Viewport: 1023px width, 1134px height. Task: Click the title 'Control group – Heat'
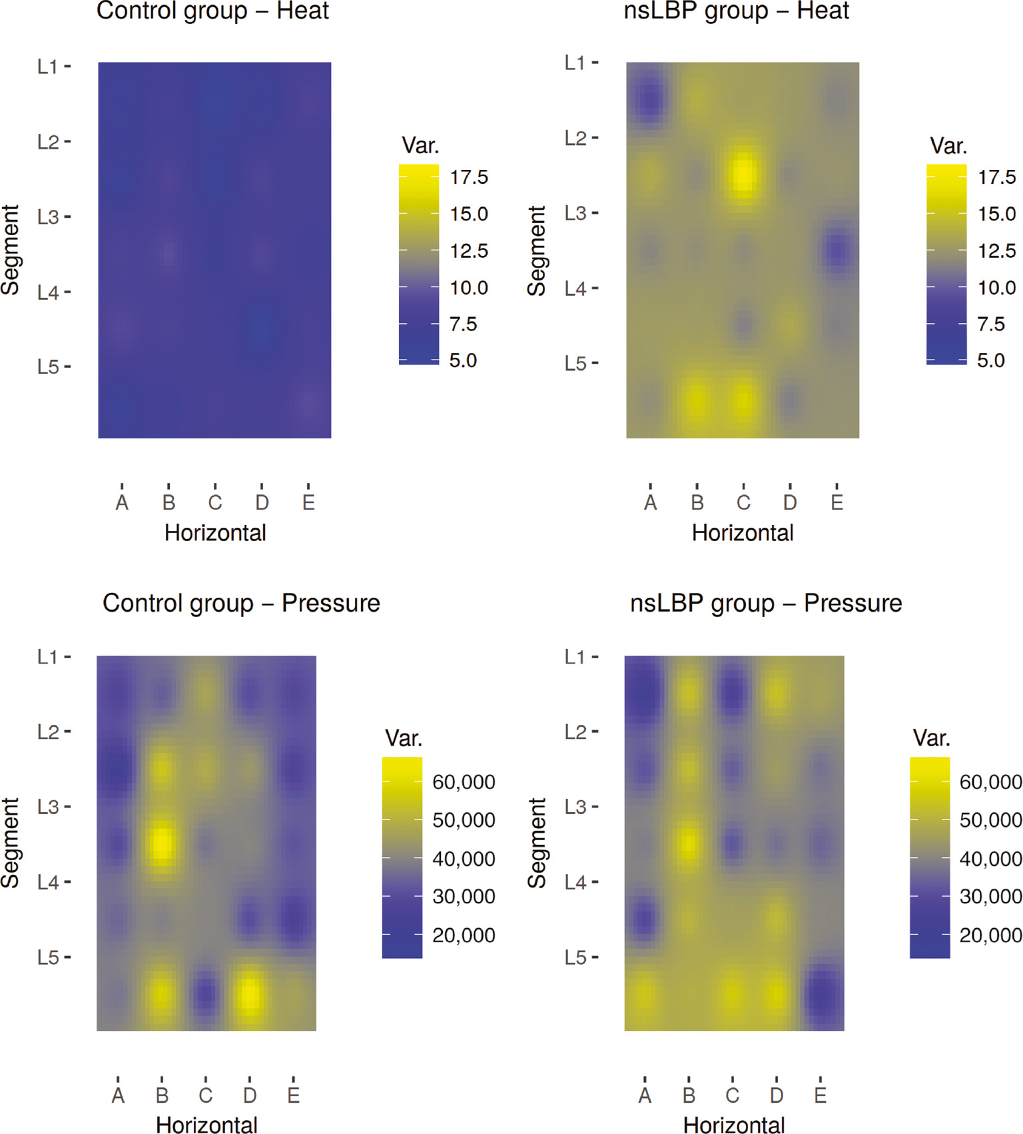click(x=212, y=11)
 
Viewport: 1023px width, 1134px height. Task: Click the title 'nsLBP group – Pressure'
click(x=766, y=603)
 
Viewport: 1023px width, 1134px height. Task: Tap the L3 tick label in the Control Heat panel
click(x=48, y=217)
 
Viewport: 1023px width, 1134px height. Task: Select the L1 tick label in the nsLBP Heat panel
click(x=575, y=63)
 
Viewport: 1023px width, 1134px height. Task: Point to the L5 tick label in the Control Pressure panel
click(x=48, y=957)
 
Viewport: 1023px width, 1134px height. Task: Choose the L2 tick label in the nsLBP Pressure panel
click(x=575, y=732)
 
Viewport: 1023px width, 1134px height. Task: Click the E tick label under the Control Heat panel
click(x=308, y=502)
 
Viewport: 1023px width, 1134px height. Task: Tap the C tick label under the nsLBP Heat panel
click(x=743, y=502)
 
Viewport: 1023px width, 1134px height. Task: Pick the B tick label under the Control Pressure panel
click(x=162, y=1095)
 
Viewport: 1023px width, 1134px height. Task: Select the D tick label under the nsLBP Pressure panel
click(x=777, y=1095)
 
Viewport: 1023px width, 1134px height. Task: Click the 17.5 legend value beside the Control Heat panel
click(x=469, y=177)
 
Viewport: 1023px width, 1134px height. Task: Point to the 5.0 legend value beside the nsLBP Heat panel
click(x=990, y=360)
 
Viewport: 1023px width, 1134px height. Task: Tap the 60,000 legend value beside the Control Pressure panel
click(x=464, y=782)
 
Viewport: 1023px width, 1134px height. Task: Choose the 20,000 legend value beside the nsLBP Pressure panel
click(x=990, y=935)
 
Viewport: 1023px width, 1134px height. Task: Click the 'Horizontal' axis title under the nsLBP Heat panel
click(x=743, y=533)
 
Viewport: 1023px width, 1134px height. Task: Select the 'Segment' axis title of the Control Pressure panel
click(x=11, y=843)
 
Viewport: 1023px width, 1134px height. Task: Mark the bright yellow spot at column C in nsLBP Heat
click(x=743, y=173)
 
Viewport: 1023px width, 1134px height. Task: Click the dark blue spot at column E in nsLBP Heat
click(x=837, y=251)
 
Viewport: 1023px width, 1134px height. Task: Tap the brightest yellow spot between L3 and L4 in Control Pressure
click(x=162, y=844)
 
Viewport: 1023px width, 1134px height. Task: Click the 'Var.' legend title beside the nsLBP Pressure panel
click(x=931, y=738)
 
